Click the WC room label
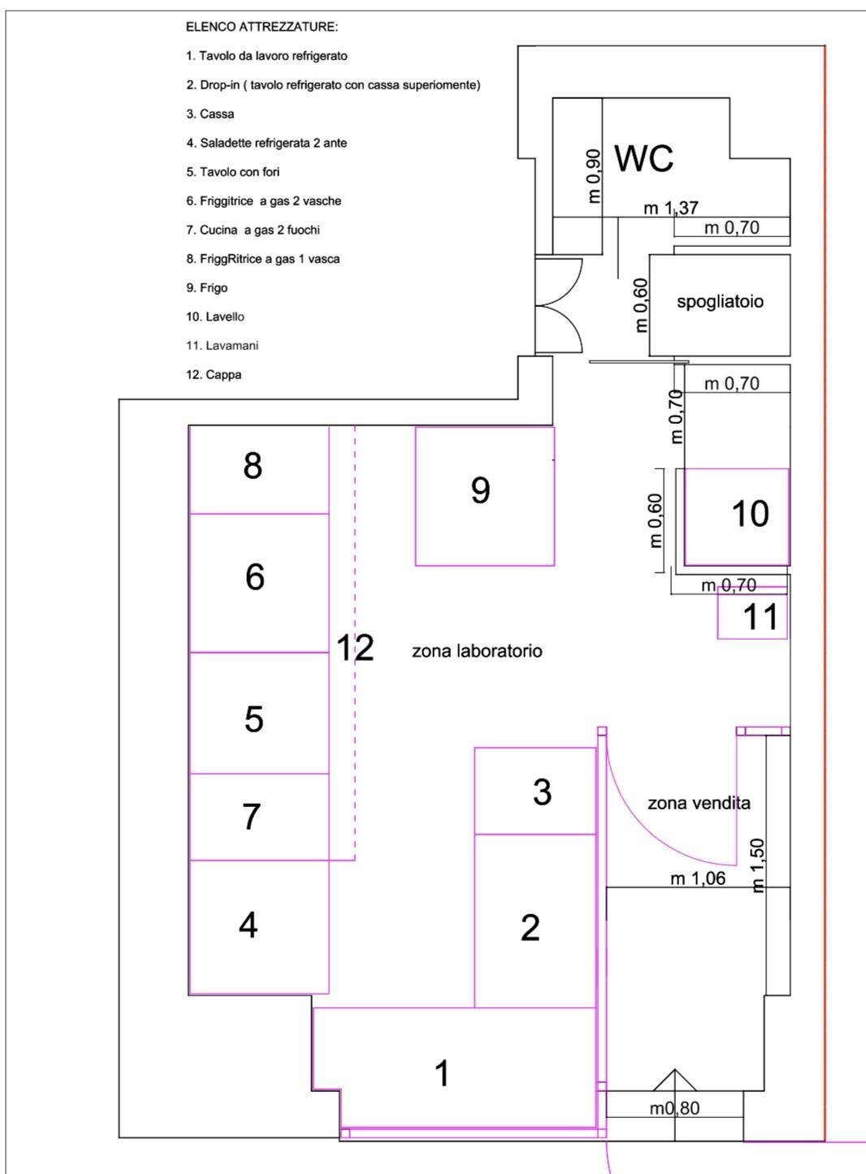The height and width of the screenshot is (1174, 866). [x=643, y=158]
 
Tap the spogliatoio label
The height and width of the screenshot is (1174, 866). [x=720, y=302]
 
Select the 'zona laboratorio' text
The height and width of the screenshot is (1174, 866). [x=477, y=651]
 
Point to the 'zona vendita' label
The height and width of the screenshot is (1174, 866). [x=699, y=803]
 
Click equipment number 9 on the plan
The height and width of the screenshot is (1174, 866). [x=480, y=490]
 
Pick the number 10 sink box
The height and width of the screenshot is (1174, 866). [x=749, y=514]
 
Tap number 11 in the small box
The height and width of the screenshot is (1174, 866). [x=760, y=617]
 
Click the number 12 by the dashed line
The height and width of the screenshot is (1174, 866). [x=355, y=648]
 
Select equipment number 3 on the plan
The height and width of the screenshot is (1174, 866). [x=542, y=792]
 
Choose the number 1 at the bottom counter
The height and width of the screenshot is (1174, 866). [x=442, y=1074]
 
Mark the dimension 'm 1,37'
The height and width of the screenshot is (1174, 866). [x=671, y=209]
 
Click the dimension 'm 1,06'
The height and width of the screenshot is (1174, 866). [x=698, y=878]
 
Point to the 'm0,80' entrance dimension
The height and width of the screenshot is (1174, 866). [x=674, y=1108]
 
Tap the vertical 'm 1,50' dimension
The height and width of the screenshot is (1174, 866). [x=758, y=865]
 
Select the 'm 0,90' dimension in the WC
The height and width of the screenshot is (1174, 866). [x=594, y=176]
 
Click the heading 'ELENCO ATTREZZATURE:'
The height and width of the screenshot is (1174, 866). [x=262, y=27]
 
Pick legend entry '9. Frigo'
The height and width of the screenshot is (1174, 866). [x=206, y=288]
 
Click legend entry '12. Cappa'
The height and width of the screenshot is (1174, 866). [x=214, y=375]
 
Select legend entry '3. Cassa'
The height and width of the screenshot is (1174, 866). [x=210, y=114]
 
